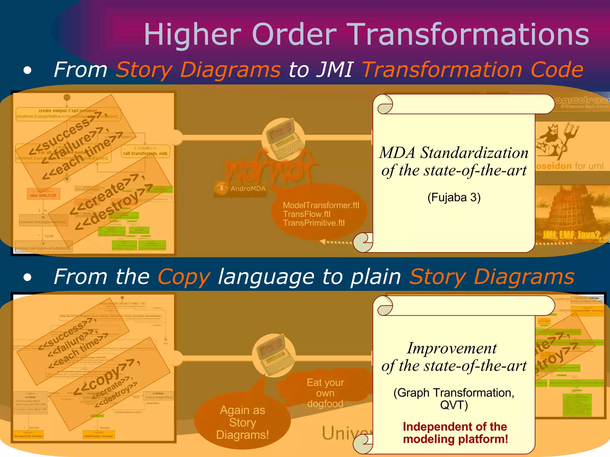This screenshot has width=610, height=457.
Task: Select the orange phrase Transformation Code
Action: point(472,70)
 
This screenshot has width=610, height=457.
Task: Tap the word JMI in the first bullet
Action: point(335,70)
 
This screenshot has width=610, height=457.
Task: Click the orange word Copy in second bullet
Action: point(184,277)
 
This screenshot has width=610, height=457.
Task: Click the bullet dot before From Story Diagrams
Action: point(27,70)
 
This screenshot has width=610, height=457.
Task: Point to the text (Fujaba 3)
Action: point(454,197)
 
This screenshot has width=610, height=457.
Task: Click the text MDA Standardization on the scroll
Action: point(454,153)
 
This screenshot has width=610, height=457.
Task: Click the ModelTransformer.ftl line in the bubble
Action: point(321,205)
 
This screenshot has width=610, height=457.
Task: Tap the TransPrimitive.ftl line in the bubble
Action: point(314,223)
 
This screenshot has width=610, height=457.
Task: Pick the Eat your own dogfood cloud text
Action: point(325,393)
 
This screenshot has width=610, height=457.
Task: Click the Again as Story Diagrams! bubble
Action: point(242,422)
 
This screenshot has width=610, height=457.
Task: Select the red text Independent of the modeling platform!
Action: point(455,433)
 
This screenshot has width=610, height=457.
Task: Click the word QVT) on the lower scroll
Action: point(454,405)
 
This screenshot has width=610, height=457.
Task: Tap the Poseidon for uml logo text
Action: point(569,166)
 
